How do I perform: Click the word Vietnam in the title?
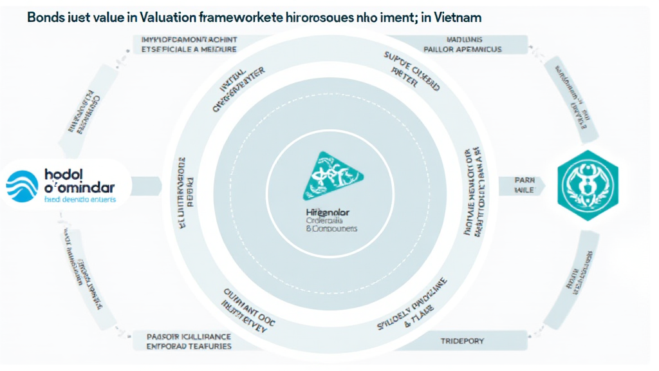(459, 18)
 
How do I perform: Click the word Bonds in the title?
(45, 18)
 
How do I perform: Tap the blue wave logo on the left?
(24, 186)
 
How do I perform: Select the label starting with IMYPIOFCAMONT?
(189, 44)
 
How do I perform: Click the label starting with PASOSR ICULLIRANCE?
(189, 339)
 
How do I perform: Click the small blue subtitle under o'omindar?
(79, 200)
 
